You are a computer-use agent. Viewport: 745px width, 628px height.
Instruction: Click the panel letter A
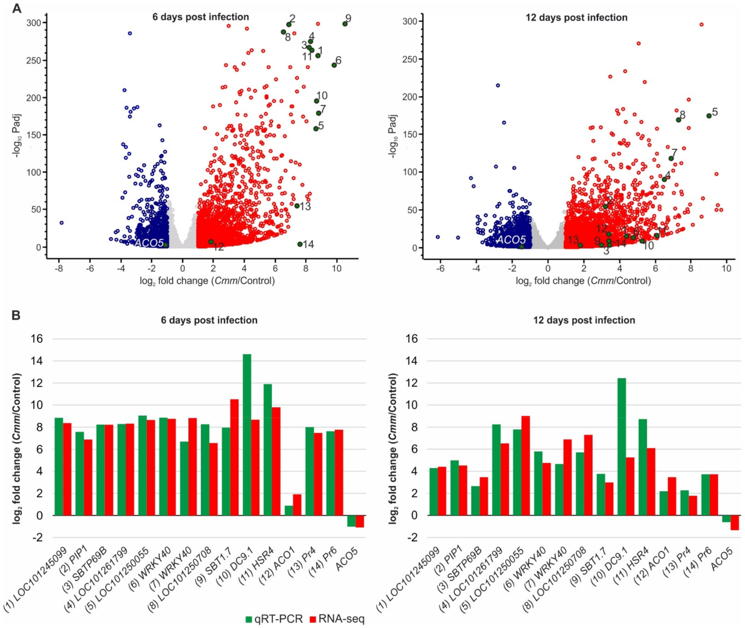[x=17, y=8]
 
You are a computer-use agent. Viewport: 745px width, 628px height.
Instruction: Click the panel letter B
[x=16, y=315]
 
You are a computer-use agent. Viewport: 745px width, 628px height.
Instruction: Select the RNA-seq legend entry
[x=337, y=619]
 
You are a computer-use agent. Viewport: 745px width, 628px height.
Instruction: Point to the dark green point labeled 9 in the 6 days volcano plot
[x=345, y=24]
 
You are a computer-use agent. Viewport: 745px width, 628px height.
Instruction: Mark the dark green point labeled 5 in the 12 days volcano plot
[x=709, y=116]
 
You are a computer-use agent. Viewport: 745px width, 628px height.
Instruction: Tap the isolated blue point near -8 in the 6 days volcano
[x=62, y=223]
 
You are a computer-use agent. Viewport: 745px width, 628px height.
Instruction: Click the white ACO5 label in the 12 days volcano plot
[x=511, y=240]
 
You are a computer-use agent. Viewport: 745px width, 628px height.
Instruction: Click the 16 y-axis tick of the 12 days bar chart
[x=412, y=339]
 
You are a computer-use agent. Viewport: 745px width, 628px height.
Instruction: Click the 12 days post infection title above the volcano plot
[x=576, y=18]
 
